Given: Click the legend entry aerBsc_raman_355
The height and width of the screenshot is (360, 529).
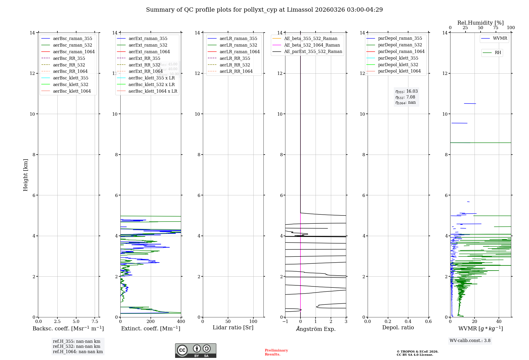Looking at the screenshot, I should pyautogui.click(x=72, y=39).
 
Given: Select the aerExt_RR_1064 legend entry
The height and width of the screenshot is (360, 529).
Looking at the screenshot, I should pyautogui.click(x=145, y=71).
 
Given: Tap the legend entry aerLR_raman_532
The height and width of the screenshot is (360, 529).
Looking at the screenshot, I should pyautogui.click(x=238, y=45).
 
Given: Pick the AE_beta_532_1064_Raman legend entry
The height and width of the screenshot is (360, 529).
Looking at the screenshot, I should pyautogui.click(x=312, y=45).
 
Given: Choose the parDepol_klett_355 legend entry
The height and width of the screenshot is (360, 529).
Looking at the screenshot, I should pyautogui.click(x=398, y=58).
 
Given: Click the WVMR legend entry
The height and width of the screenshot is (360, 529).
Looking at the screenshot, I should pyautogui.click(x=500, y=38).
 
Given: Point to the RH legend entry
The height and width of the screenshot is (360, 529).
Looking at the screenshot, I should pyautogui.click(x=498, y=53).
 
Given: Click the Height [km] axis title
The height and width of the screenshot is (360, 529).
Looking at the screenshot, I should pyautogui.click(x=25, y=175).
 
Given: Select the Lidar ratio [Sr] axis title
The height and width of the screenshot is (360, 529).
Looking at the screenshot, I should pyautogui.click(x=233, y=328).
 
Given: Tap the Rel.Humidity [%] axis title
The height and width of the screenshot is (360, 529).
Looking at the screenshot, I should pyautogui.click(x=480, y=23).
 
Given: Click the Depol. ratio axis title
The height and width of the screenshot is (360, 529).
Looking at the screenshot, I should pyautogui.click(x=398, y=328).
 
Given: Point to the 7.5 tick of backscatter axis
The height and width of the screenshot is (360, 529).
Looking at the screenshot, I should pyautogui.click(x=95, y=322).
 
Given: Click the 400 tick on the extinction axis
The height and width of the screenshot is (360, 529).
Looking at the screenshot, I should pyautogui.click(x=181, y=322).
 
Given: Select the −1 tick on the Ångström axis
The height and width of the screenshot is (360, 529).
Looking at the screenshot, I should pyautogui.click(x=285, y=322).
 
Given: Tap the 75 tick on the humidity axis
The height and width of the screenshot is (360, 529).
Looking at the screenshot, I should pyautogui.click(x=496, y=28).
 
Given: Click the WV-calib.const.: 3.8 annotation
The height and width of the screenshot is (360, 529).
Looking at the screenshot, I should pyautogui.click(x=470, y=341).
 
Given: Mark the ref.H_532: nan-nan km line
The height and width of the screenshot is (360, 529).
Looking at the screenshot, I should pyautogui.click(x=76, y=346).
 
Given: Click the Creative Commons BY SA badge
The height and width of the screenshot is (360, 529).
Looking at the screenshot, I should pyautogui.click(x=195, y=350).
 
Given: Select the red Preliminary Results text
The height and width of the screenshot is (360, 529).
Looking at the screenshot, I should pyautogui.click(x=276, y=352).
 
